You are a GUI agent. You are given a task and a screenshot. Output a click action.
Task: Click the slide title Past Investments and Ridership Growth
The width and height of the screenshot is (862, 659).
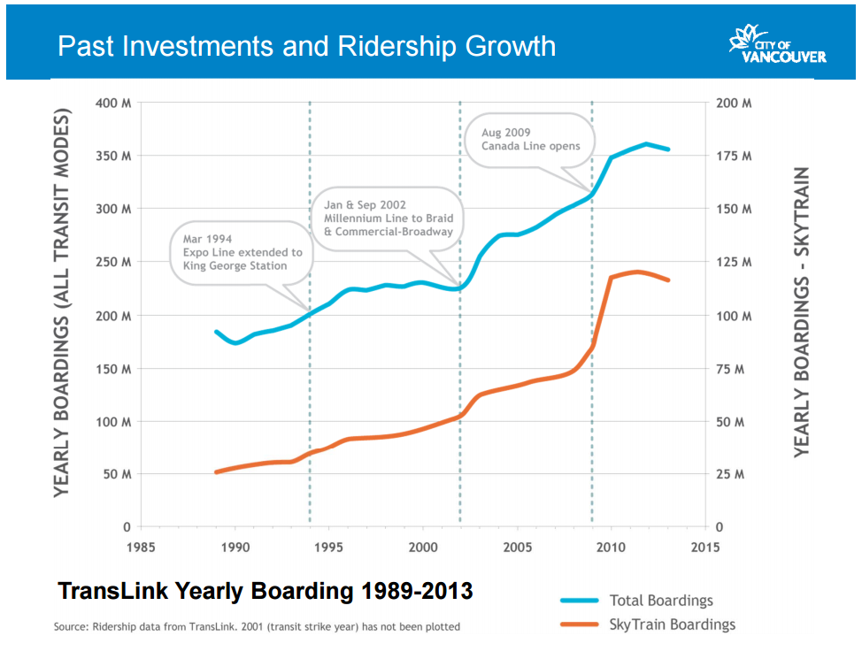(x=306, y=46)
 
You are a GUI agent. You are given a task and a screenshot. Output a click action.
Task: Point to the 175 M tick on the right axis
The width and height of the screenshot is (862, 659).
(x=733, y=157)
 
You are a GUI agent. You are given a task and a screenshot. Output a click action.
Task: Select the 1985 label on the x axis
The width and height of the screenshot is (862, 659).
(x=141, y=546)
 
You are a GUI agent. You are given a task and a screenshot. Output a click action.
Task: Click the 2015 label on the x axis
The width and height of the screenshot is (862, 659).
(x=704, y=546)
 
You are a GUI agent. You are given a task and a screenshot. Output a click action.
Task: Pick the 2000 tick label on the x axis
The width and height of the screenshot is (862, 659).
(x=423, y=546)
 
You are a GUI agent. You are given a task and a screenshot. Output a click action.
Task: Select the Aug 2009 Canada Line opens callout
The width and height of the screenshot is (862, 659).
(x=531, y=140)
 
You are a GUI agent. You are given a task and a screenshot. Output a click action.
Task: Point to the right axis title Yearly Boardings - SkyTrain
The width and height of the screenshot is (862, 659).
(x=801, y=311)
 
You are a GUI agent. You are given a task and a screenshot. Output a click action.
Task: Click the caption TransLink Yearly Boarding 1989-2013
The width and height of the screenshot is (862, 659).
(x=265, y=590)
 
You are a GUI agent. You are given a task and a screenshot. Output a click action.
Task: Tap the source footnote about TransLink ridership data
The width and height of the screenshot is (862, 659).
(x=257, y=627)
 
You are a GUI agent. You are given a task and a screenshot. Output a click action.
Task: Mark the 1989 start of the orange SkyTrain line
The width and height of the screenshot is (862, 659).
(x=216, y=472)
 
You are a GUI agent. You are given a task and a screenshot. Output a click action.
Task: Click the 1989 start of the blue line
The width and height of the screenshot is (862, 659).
(x=216, y=332)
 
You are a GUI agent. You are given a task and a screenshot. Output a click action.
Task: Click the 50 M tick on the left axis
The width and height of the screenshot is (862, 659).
(x=116, y=475)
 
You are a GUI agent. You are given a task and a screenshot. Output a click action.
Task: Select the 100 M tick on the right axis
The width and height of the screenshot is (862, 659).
(x=733, y=316)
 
